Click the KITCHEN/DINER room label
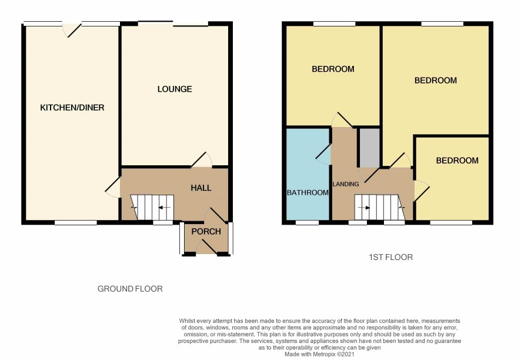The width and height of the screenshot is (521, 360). pos(72,108)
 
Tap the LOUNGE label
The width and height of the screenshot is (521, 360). pos(175,89)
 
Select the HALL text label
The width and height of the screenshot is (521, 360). pos(201,188)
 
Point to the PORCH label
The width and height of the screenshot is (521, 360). pos(206,231)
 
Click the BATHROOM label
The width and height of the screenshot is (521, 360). pos(308,192)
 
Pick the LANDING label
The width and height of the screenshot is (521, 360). pos(346,184)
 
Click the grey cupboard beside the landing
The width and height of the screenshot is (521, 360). pos(370,148)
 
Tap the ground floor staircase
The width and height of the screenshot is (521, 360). pos(152,207)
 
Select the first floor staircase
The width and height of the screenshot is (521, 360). pos(379,207)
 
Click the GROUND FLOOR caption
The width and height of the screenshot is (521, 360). pos(130,289)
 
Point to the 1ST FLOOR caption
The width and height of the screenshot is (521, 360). pos(390,257)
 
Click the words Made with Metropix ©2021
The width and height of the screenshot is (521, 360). pos(319,354)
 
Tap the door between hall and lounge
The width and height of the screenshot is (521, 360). pos(201,159)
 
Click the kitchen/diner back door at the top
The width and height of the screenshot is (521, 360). pos(72,29)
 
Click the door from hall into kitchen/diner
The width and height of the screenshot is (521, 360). pos(113,188)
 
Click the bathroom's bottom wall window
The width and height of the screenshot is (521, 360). pos(307,222)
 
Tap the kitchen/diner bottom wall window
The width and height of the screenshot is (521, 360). pos(76,222)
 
